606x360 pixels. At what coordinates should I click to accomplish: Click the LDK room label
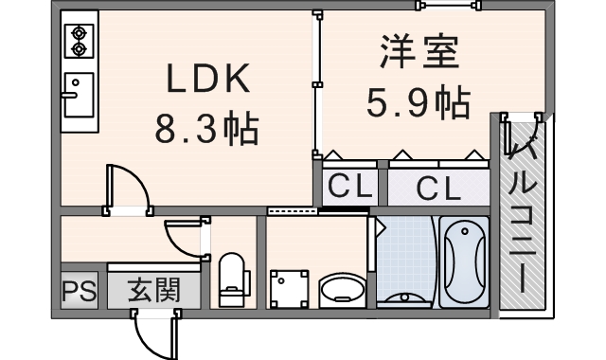[x=207, y=79]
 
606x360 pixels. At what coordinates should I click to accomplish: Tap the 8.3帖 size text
[x=206, y=128]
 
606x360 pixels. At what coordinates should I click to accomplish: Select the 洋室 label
[x=420, y=51]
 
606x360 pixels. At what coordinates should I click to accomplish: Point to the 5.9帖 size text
[x=419, y=102]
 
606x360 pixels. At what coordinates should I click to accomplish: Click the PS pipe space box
[x=80, y=291]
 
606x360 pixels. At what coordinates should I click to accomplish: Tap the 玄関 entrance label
[x=154, y=290]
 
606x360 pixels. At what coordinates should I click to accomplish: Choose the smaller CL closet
[x=350, y=187]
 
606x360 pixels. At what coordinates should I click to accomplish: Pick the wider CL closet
[x=438, y=188]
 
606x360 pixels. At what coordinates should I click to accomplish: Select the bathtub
[x=464, y=261]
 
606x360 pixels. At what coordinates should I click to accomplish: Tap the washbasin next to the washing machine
[x=343, y=291]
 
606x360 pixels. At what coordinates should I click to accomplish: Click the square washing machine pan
[x=290, y=289]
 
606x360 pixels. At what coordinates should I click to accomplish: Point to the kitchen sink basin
[x=80, y=95]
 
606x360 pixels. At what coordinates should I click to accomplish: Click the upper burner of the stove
[x=80, y=33]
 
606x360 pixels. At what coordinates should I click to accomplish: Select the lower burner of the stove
[x=80, y=49]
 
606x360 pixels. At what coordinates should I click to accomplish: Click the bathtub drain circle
[x=465, y=231]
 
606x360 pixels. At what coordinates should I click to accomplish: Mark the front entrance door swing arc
[x=146, y=341]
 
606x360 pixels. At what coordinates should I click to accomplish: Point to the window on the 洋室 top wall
[x=448, y=6]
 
